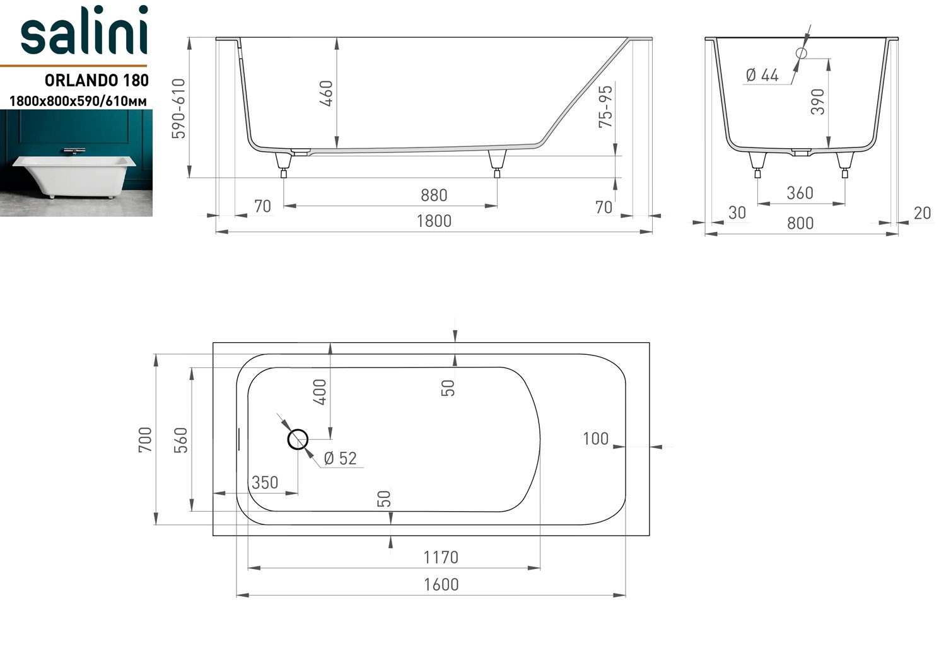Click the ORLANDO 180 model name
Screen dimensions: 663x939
coord(96,80)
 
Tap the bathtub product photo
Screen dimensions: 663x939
coord(76,163)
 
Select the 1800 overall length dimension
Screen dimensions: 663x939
coord(434,221)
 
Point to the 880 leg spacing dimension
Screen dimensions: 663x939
coord(434,195)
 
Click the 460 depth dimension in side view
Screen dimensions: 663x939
coord(326,93)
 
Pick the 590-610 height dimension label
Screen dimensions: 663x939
coord(178,108)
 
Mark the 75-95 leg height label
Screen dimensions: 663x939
coord(605,107)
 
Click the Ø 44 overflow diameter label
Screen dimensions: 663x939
coord(762,76)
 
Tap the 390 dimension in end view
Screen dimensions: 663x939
coord(818,101)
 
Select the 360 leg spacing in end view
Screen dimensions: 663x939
coord(800,193)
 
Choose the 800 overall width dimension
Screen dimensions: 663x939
coord(800,223)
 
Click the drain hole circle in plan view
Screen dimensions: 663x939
coord(298,439)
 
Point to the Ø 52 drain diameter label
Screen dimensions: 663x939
coord(340,459)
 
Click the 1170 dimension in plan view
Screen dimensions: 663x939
coord(440,557)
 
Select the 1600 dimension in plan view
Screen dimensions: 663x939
coord(440,584)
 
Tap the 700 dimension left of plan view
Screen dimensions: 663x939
coord(145,439)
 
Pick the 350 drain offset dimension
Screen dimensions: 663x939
coord(265,483)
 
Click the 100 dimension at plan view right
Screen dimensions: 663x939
coord(595,439)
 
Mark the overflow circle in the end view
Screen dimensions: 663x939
coord(801,54)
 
